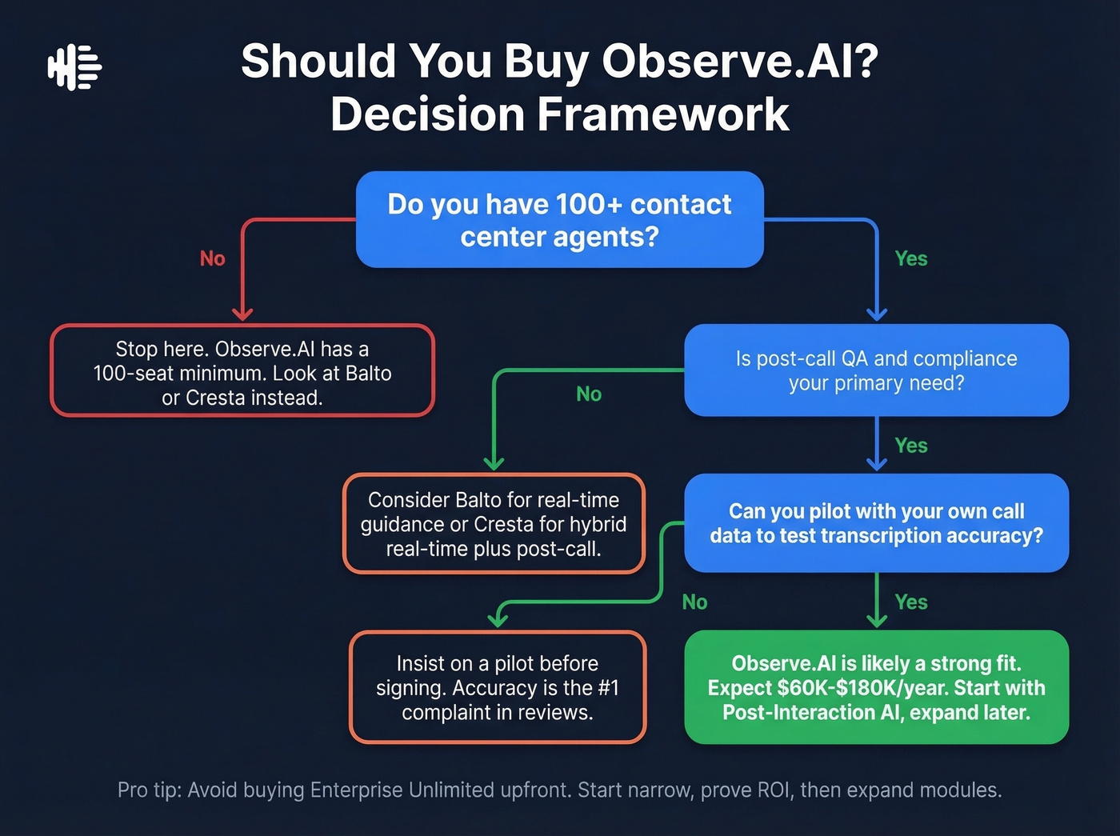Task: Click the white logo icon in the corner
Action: coord(74,67)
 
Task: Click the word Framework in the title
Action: coord(662,114)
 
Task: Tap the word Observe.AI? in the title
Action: coord(740,61)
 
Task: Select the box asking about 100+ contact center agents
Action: coord(559,220)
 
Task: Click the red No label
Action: coord(212,258)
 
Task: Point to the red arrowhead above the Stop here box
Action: coord(242,314)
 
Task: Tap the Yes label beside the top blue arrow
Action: coord(910,258)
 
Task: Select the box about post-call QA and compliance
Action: coord(876,370)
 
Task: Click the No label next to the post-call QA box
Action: coord(589,394)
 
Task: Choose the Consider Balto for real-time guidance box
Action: coord(494,524)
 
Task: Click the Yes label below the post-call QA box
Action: coord(910,446)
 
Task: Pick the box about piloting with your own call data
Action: coord(876,523)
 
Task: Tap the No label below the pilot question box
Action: coord(694,602)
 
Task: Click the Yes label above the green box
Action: coord(910,602)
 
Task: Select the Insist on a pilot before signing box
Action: coord(497,687)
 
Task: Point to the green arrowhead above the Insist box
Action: coord(498,619)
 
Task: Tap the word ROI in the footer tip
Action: coord(772,790)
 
